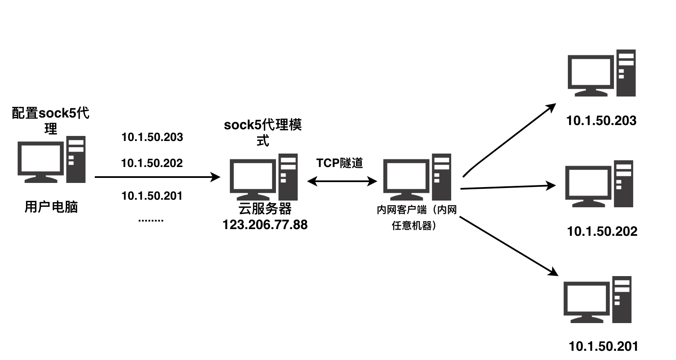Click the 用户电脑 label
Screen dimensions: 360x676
(x=51, y=207)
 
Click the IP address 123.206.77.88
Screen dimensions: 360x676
(x=265, y=225)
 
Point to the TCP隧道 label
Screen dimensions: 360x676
(x=340, y=163)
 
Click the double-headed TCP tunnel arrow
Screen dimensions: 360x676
(x=342, y=181)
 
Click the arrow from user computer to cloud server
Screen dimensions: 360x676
(x=157, y=177)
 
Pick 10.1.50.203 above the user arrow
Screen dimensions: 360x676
(x=152, y=137)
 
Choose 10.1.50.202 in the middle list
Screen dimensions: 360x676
(x=152, y=163)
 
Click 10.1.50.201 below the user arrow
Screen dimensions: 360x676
(x=152, y=196)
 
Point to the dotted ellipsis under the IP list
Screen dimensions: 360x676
(x=151, y=220)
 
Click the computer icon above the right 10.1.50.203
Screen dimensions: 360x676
(x=601, y=74)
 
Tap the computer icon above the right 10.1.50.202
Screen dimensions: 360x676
(x=599, y=184)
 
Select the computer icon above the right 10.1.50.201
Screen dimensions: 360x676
(x=598, y=300)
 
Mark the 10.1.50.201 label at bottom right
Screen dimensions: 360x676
(x=603, y=347)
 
